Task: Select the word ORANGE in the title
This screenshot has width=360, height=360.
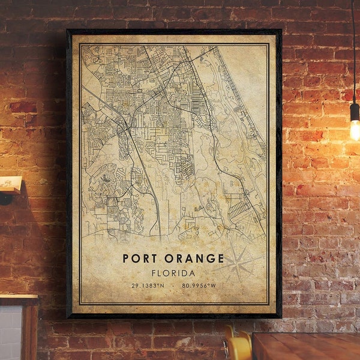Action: pyautogui.click(x=191, y=259)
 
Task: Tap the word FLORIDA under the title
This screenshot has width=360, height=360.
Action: pyautogui.click(x=173, y=273)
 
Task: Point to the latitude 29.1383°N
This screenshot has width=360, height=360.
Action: pyautogui.click(x=147, y=286)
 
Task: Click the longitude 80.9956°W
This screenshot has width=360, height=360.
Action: pyautogui.click(x=199, y=286)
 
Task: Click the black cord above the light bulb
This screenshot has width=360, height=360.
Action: pyautogui.click(x=354, y=48)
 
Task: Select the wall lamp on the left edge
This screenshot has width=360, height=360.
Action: pyautogui.click(x=9, y=187)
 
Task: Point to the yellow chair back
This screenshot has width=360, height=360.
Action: pyautogui.click(x=238, y=347)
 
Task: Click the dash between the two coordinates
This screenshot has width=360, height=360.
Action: pyautogui.click(x=173, y=286)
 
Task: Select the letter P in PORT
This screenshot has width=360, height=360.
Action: pyautogui.click(x=126, y=259)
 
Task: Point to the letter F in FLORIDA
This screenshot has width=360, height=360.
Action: pyautogui.click(x=154, y=273)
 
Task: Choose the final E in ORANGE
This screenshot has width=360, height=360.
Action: pyautogui.click(x=220, y=259)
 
